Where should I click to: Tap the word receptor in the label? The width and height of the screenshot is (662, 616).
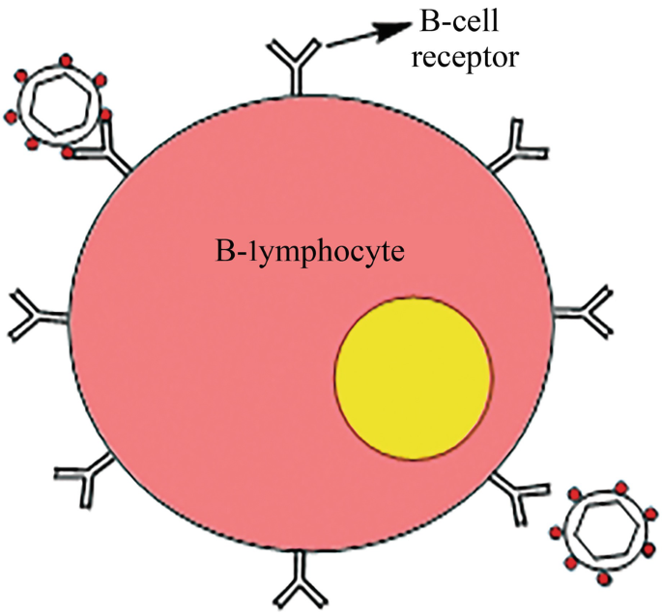coord(467,57)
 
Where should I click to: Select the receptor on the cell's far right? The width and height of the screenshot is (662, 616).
coord(587,311)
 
